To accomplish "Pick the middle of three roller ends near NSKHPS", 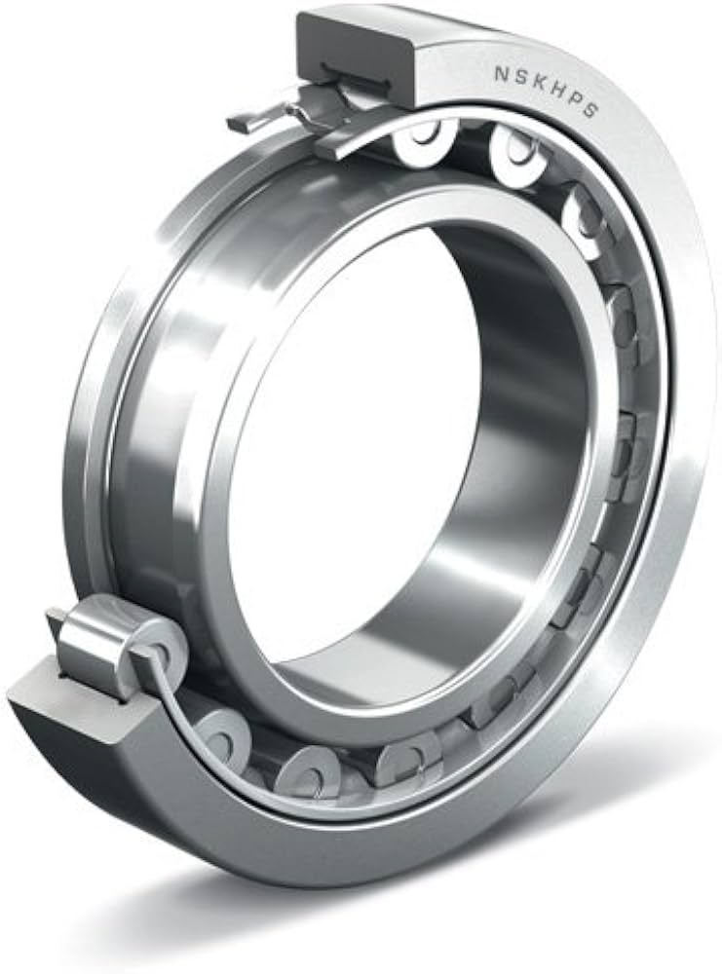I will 516,156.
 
